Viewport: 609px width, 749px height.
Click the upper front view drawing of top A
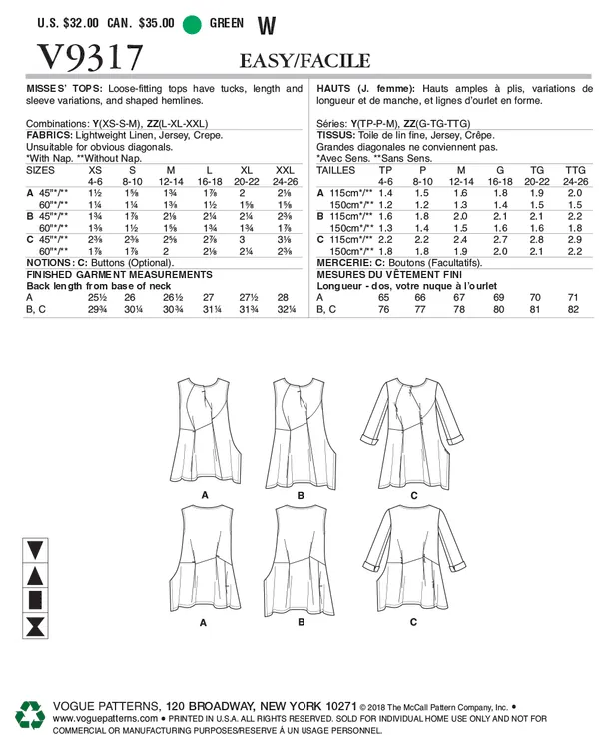click(x=204, y=430)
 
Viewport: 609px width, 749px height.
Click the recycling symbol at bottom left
click(x=28, y=716)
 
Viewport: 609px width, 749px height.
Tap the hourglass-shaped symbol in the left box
click(x=35, y=628)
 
